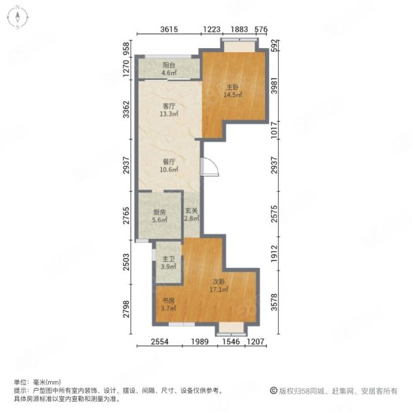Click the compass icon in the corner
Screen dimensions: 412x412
[x=18, y=17]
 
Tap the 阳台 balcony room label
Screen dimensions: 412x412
[x=169, y=69]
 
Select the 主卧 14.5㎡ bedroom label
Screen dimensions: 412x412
[x=233, y=91]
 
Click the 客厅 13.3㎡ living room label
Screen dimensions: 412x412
[x=169, y=110]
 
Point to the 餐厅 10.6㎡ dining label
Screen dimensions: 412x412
[x=169, y=165]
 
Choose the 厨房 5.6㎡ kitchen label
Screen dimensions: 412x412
[x=159, y=216]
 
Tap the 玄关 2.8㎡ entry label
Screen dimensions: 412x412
[x=192, y=214]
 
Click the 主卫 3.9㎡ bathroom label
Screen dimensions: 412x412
[x=168, y=263]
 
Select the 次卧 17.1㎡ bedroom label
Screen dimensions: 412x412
[x=218, y=286]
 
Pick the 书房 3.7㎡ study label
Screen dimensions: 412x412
[x=168, y=304]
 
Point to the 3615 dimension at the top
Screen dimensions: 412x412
[x=169, y=29]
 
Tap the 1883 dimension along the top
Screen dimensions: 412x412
[x=239, y=29]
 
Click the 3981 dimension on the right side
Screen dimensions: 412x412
[x=274, y=85]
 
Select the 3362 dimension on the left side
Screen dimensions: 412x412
[x=126, y=109]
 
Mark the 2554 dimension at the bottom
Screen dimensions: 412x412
[x=159, y=341]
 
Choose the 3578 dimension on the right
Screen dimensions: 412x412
[x=274, y=302]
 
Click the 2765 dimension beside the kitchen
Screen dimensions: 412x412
[x=126, y=216]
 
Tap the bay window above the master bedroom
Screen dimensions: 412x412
[x=240, y=45]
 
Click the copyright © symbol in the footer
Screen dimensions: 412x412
[x=273, y=391]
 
